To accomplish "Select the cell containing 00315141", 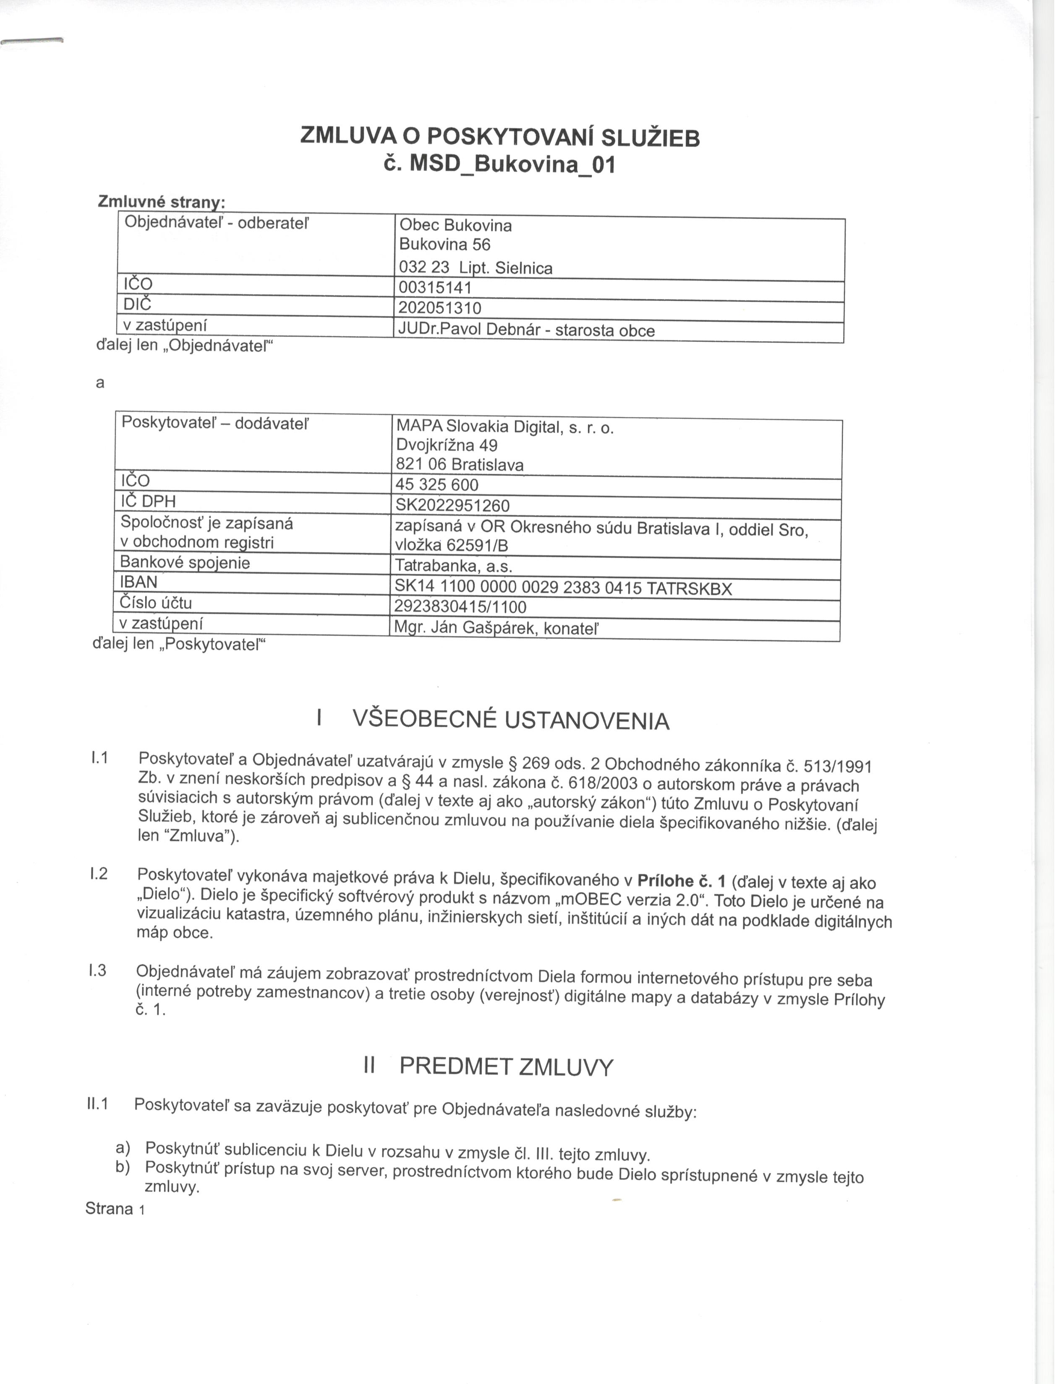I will (x=435, y=289).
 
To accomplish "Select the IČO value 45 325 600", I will (x=436, y=485).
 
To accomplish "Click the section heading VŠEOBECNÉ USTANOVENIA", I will (x=510, y=720).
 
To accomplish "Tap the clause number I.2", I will (x=99, y=874).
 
